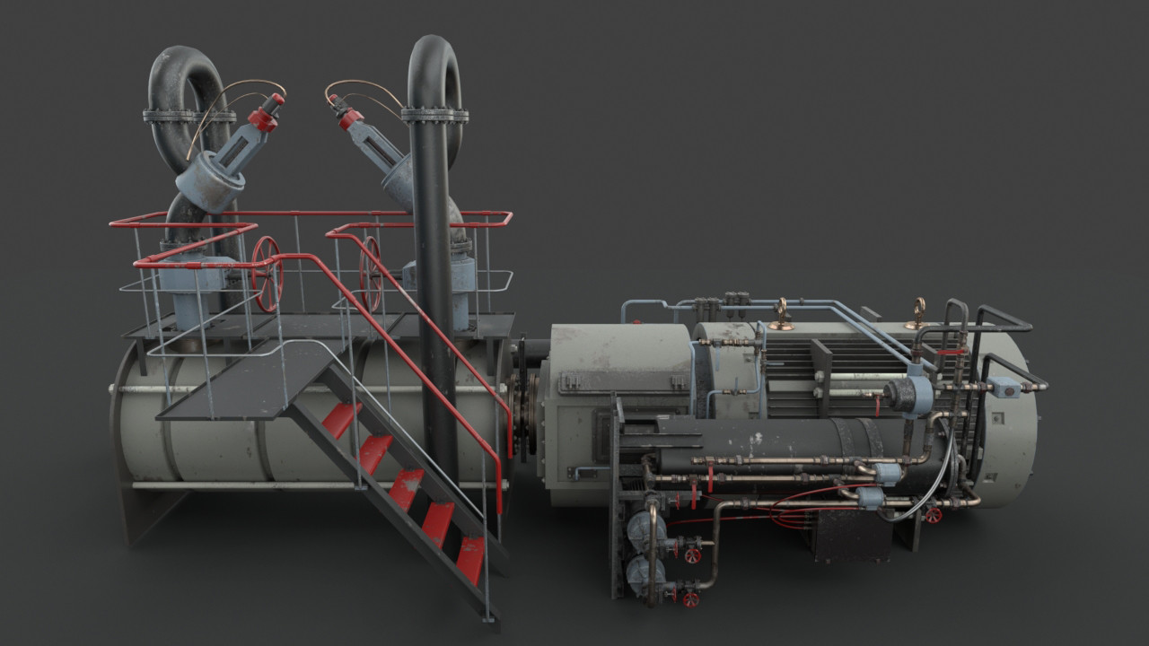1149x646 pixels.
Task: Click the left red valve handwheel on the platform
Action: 267,274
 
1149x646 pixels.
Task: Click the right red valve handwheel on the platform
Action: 371,274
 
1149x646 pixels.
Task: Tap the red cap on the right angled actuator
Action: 349,117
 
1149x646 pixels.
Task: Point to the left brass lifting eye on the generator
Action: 782,313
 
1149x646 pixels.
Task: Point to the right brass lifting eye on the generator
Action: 917,312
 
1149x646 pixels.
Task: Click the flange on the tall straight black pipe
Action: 434,115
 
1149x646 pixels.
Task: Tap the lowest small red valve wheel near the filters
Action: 689,598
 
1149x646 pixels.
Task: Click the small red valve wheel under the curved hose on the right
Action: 933,515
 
